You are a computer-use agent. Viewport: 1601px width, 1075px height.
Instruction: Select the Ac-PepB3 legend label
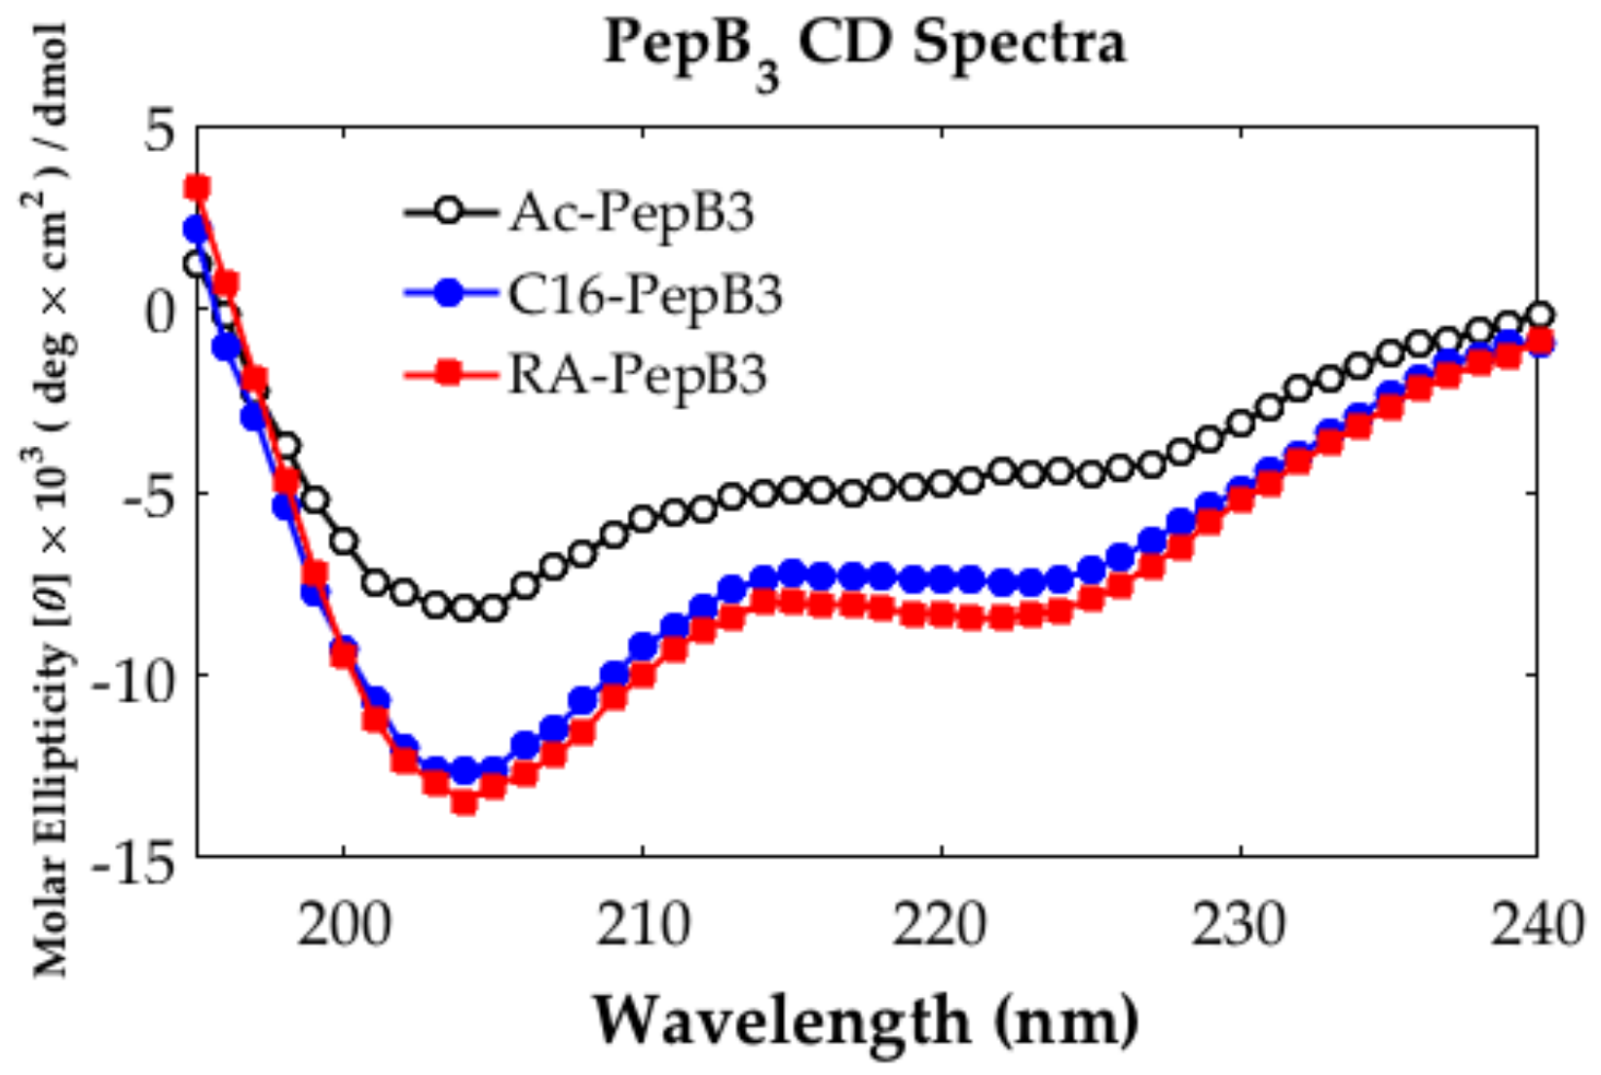pos(631,211)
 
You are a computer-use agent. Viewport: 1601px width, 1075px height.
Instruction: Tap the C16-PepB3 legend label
pos(645,293)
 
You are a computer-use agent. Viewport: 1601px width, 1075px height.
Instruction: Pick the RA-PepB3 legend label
pos(638,373)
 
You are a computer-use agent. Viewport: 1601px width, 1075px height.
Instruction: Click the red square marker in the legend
pos(449,373)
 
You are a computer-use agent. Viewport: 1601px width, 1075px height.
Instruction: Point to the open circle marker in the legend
pos(449,211)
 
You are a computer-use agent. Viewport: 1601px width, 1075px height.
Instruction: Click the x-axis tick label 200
pos(344,925)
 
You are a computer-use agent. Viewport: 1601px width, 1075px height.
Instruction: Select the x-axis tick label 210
pos(643,925)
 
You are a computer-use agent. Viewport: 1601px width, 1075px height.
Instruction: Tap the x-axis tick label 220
pos(941,925)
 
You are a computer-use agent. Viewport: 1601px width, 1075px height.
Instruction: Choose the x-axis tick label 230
pos(1240,925)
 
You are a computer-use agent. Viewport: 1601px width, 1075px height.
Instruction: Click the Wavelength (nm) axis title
pos(865,1020)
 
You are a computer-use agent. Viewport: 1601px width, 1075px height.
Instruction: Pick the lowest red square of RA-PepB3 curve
pos(464,802)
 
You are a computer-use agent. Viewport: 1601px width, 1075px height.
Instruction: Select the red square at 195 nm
pos(198,187)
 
